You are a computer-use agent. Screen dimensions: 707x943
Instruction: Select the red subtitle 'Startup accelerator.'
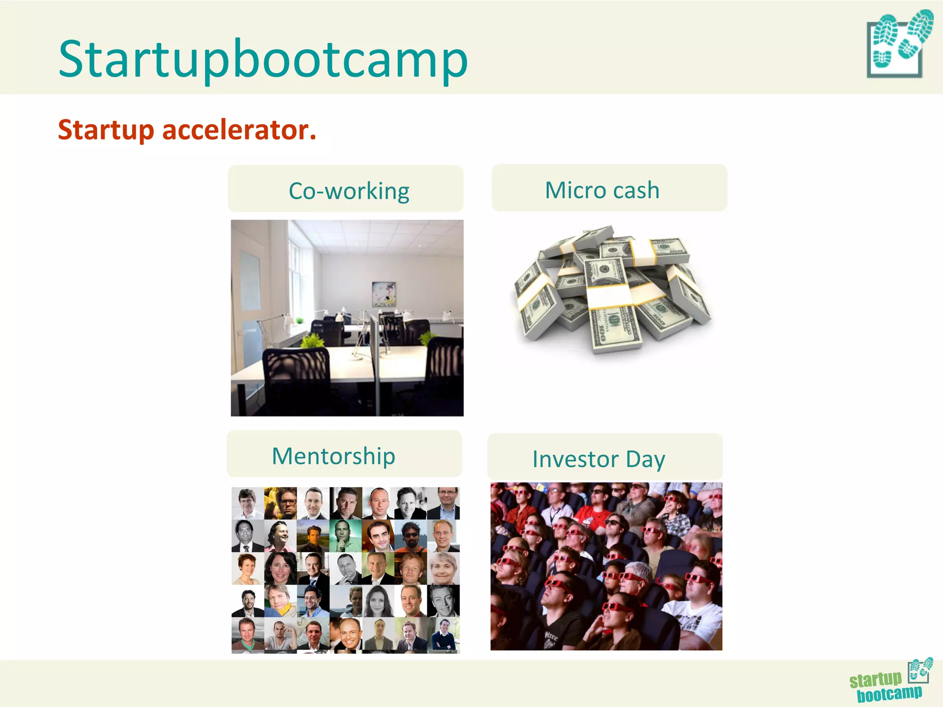tap(187, 130)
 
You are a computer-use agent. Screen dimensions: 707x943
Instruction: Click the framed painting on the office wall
tap(383, 293)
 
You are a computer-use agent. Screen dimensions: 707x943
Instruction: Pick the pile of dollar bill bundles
tap(612, 290)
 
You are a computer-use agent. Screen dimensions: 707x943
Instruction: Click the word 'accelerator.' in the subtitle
tap(239, 130)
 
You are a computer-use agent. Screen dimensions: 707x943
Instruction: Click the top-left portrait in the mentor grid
tap(248, 503)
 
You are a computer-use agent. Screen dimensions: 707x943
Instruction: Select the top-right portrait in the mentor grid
tap(443, 503)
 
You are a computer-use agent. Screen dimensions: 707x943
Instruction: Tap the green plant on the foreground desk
tap(313, 341)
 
